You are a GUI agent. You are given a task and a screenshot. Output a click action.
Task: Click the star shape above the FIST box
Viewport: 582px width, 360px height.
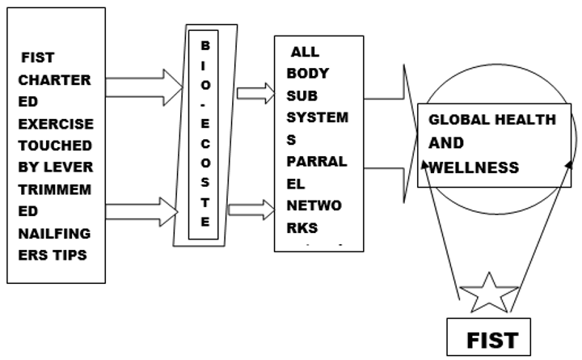click(488, 294)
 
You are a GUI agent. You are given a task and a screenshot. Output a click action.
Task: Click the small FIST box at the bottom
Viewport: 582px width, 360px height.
click(491, 339)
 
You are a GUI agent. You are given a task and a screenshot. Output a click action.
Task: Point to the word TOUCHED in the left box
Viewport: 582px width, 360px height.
click(56, 146)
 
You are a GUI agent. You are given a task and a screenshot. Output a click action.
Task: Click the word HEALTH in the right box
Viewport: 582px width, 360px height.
click(525, 120)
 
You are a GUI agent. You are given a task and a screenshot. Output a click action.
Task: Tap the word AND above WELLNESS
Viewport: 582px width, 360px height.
click(445, 143)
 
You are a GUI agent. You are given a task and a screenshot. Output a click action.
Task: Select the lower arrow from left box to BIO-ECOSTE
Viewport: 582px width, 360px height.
click(141, 213)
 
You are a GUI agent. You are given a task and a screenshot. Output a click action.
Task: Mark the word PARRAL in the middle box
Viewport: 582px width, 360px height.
click(316, 161)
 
